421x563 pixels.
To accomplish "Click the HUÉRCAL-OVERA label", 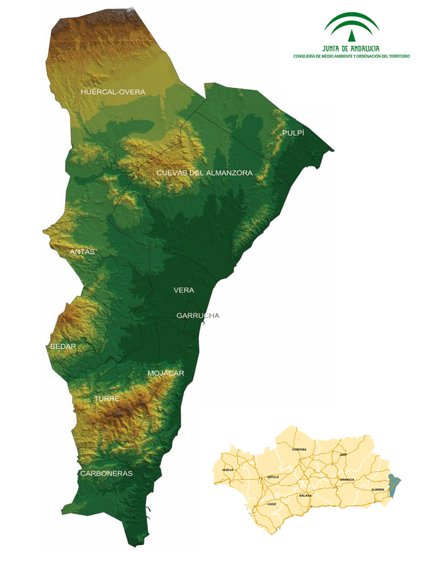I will pos(113,92).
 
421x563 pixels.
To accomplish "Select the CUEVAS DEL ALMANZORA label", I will pos(205,173).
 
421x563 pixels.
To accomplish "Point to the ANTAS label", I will pos(82,252).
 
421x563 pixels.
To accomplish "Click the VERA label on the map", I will pos(184,290).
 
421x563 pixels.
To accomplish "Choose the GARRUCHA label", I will pos(197,315).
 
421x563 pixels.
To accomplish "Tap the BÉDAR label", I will pos(63,346).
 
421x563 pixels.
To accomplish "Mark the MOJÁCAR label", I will pos(166,373).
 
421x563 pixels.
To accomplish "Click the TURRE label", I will pos(107,399).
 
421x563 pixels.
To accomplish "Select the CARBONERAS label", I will pos(106,473).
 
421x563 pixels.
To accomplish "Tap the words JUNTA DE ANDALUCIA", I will pos(352,49).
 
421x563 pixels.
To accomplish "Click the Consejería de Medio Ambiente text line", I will pos(352,56).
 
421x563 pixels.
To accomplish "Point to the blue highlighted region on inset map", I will pos(394,485).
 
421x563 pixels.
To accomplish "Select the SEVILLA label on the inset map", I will pos(273,477).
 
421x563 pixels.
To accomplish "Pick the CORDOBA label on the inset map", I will pos(299,449).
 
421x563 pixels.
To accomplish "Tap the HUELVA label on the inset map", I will pos(228,470).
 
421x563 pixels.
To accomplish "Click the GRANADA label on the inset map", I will pos(347,480).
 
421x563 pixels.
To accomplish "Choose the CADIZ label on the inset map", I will pos(271,503).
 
